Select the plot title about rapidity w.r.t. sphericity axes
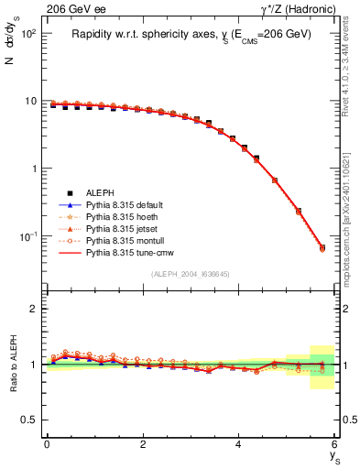191,34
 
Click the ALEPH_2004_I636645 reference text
191,273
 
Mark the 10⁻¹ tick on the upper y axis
27,236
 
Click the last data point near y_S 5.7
322,247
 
